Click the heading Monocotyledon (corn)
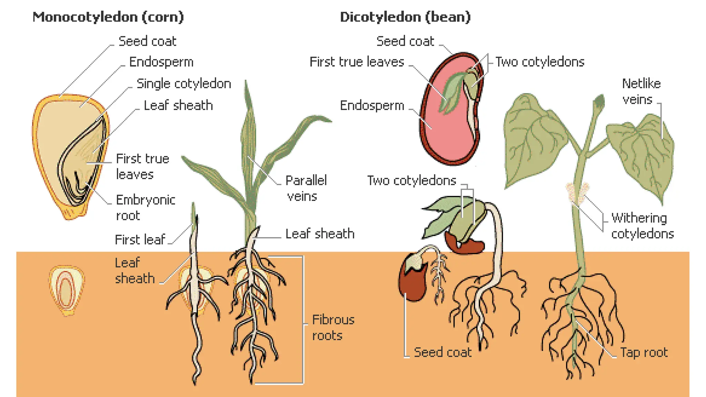coord(108,17)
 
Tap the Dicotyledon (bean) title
coord(405,17)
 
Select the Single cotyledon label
coord(184,84)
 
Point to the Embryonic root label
coord(145,207)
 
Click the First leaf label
coord(140,240)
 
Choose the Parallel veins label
coord(306,188)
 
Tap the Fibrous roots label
coord(333,327)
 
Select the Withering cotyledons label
coord(642,226)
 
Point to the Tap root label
coord(644,353)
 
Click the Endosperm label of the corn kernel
coord(161,62)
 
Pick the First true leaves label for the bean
coord(356,62)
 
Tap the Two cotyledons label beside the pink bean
coord(540,62)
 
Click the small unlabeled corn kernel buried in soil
coord(67,289)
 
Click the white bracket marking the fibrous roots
coord(303,320)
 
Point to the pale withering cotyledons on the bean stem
coord(576,193)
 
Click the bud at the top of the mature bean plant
coord(599,102)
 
